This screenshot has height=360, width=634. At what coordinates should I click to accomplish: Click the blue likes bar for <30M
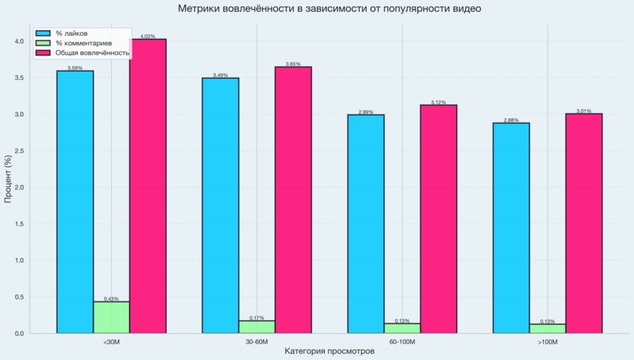click(75, 202)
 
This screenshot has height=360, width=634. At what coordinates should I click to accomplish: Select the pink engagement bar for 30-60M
click(293, 200)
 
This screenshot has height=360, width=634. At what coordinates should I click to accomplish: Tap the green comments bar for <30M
click(111, 318)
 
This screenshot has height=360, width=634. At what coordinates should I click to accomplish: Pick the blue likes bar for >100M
click(511, 228)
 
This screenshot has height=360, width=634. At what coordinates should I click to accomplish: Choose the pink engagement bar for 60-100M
click(439, 219)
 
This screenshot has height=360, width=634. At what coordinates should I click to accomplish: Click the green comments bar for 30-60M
click(256, 327)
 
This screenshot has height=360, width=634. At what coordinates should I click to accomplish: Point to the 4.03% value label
click(148, 37)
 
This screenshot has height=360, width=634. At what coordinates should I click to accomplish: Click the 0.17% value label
click(256, 318)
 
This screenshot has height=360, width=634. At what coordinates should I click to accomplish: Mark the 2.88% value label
click(511, 120)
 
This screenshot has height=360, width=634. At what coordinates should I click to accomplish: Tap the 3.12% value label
click(438, 102)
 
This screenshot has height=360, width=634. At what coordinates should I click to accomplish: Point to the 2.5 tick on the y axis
click(20, 151)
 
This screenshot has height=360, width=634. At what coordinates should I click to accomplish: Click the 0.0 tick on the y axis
click(20, 334)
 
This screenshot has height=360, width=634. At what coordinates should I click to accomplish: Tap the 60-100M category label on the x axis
click(402, 342)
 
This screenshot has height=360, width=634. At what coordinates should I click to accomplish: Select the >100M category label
click(547, 342)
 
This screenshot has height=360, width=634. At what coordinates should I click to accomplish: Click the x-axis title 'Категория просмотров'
click(330, 351)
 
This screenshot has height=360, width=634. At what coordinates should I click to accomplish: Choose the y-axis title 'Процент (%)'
click(8, 179)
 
